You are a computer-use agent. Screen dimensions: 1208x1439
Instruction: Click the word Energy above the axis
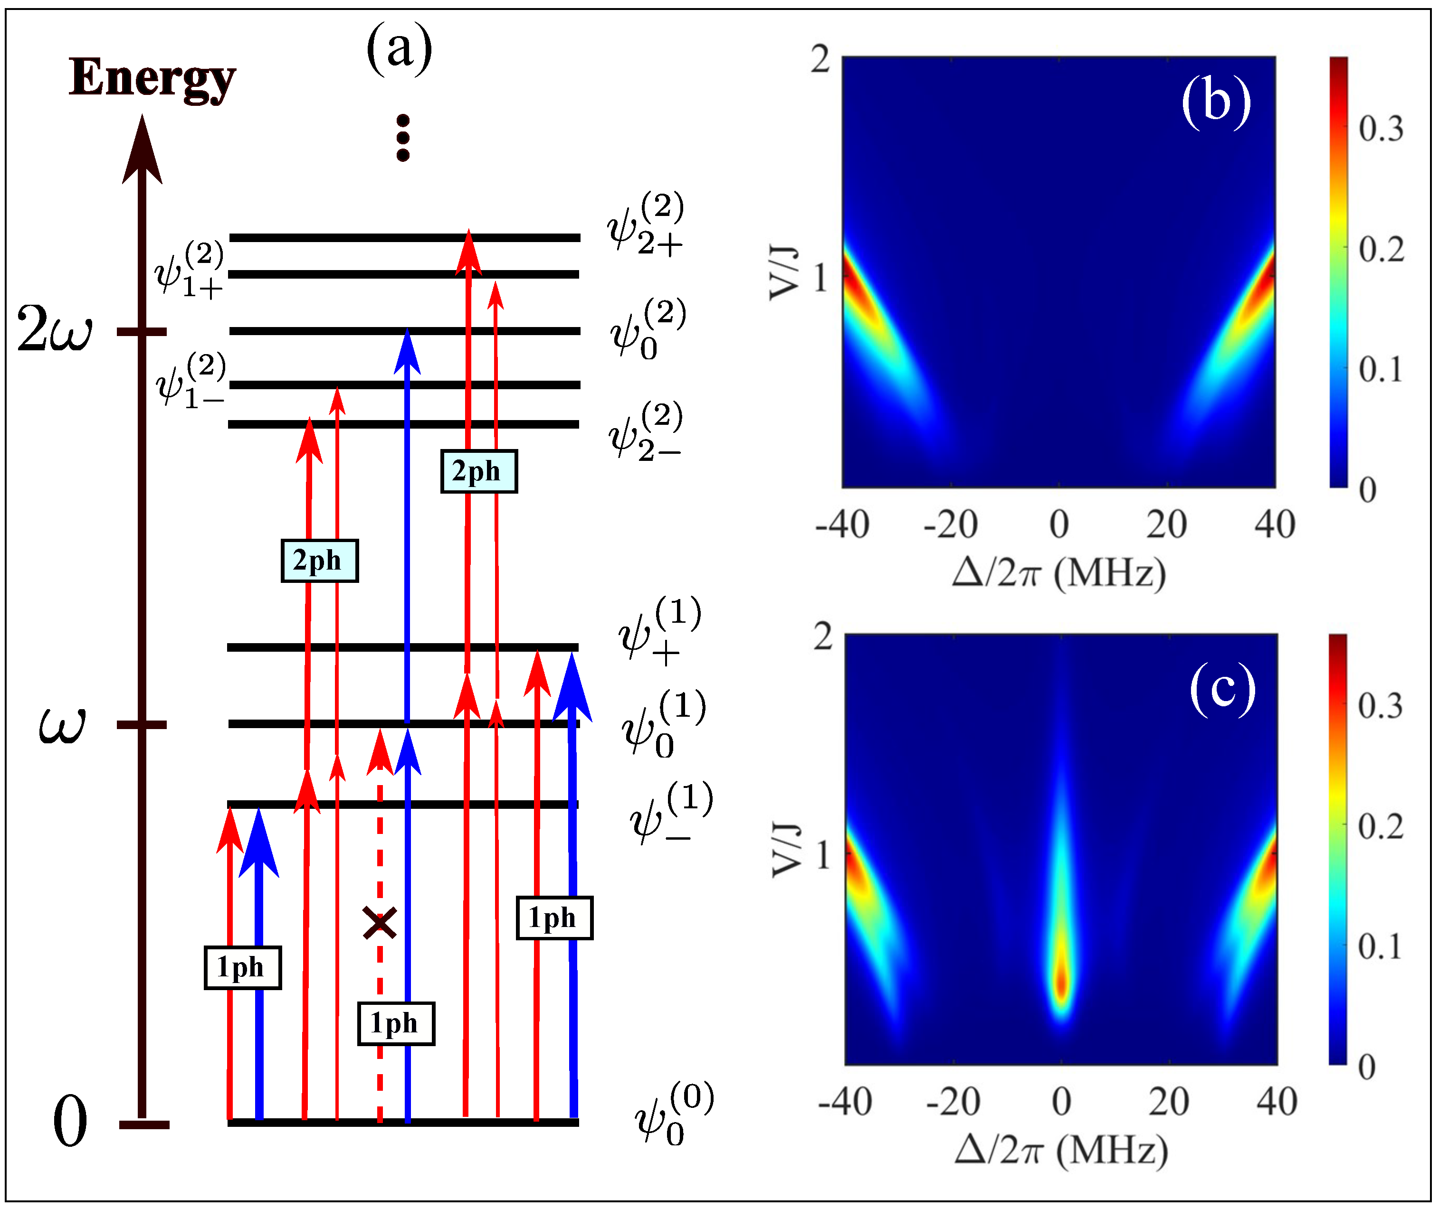152,78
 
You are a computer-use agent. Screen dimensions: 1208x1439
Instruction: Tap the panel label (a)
400,48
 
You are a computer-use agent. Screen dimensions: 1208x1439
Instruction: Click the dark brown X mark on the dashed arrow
379,923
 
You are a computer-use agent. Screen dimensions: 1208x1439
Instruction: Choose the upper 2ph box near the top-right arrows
478,471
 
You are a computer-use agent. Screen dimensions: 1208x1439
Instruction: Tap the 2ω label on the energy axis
54,329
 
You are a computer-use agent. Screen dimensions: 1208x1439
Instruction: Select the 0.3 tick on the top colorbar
1381,129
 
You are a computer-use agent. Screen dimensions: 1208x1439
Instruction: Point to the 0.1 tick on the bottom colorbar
1380,946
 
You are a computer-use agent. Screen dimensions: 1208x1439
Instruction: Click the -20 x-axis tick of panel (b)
951,524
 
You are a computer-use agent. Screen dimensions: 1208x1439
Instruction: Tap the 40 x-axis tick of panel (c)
1277,1102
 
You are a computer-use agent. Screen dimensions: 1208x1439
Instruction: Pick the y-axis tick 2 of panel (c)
823,637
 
